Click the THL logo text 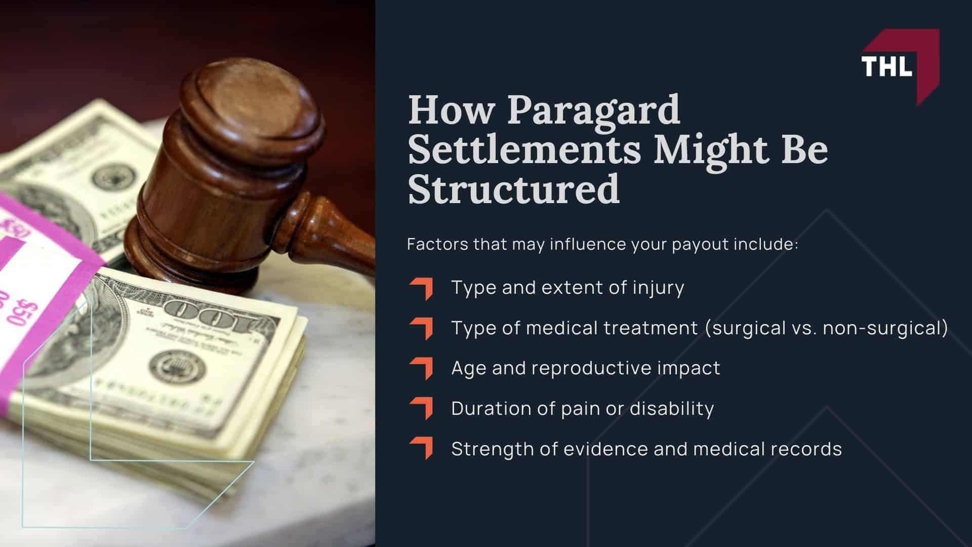click(886, 66)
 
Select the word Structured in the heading click(513, 189)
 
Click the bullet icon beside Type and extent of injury click(422, 288)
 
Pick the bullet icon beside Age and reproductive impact click(422, 368)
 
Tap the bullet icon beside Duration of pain click(422, 409)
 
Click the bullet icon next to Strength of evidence click(422, 449)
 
